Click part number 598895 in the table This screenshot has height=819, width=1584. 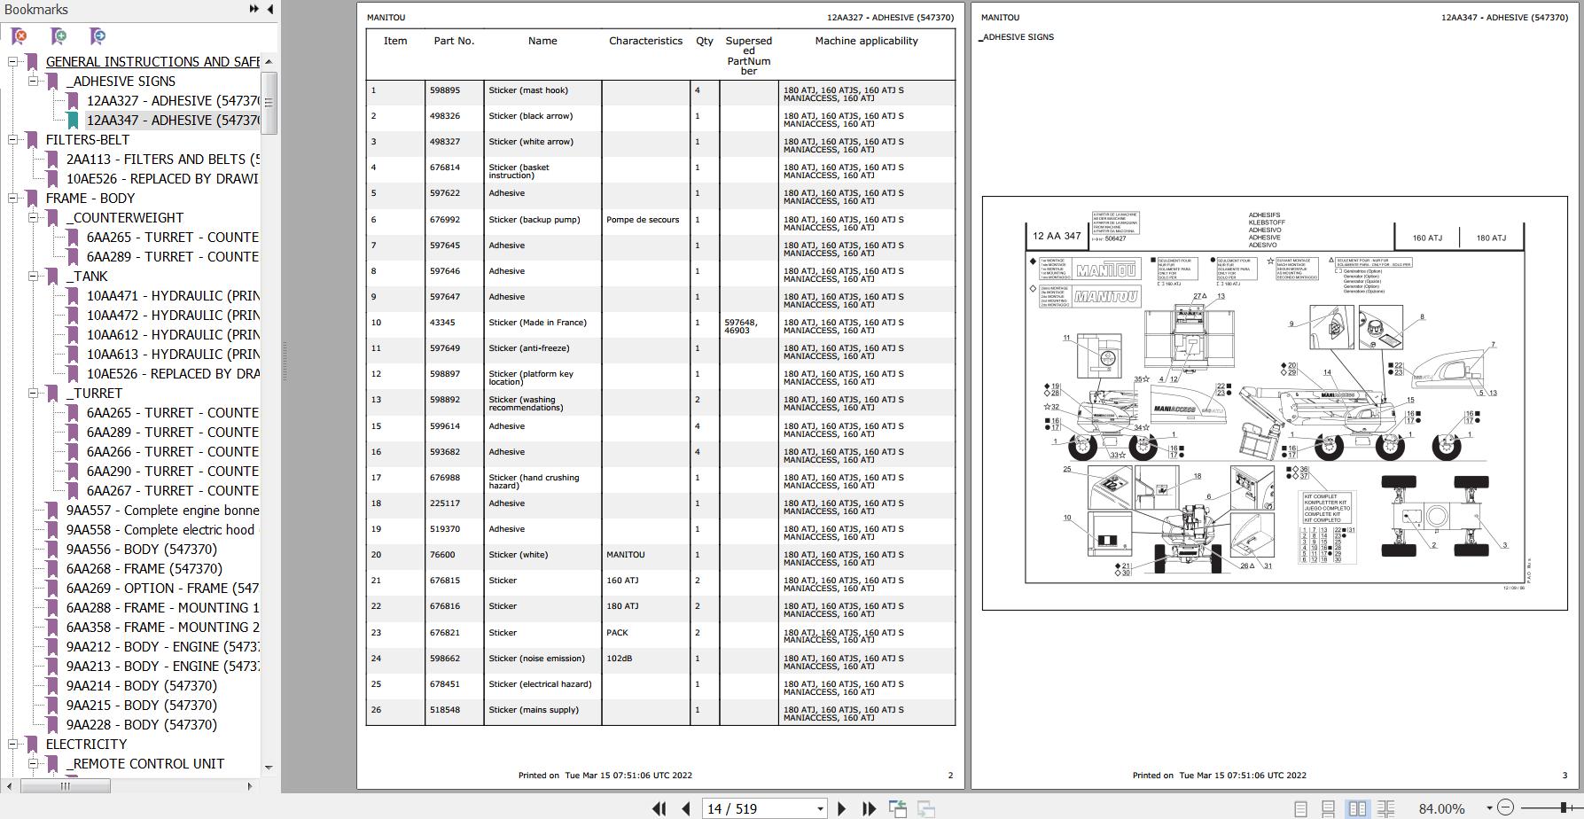point(445,90)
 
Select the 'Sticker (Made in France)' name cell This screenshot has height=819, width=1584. point(537,323)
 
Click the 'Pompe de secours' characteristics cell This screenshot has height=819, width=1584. point(643,220)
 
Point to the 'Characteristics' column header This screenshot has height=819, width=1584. point(645,41)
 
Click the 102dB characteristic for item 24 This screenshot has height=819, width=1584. point(619,659)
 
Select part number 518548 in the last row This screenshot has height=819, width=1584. point(445,710)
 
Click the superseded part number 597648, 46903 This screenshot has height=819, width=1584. point(741,326)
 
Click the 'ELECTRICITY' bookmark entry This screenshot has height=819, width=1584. point(86,745)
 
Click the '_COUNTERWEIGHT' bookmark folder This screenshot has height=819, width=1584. point(125,218)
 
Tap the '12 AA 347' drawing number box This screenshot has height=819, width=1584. point(1057,237)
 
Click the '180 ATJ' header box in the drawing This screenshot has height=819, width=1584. point(1491,238)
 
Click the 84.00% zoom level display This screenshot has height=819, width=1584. point(1441,808)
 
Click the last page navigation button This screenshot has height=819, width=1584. point(869,808)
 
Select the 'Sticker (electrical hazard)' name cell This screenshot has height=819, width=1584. point(540,684)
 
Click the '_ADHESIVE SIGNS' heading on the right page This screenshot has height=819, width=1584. point(1017,37)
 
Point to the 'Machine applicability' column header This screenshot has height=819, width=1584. point(866,41)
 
